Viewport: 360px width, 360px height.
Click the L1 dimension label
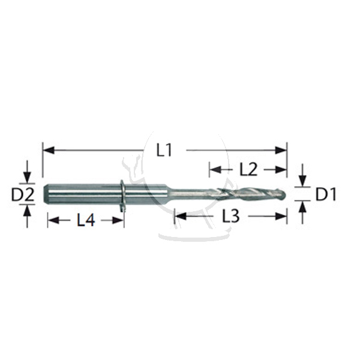point(164,151)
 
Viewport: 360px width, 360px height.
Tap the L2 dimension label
point(248,170)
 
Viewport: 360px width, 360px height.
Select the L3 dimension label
point(231,216)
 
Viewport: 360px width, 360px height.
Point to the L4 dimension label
point(86,221)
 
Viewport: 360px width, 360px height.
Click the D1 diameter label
point(326,194)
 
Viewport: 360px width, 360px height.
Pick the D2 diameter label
point(23,194)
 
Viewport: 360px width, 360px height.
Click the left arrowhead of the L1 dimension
point(49,151)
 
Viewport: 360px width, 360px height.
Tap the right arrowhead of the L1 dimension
point(281,151)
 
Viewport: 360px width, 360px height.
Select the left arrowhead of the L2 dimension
point(215,170)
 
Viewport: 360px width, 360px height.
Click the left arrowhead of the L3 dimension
point(181,216)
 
